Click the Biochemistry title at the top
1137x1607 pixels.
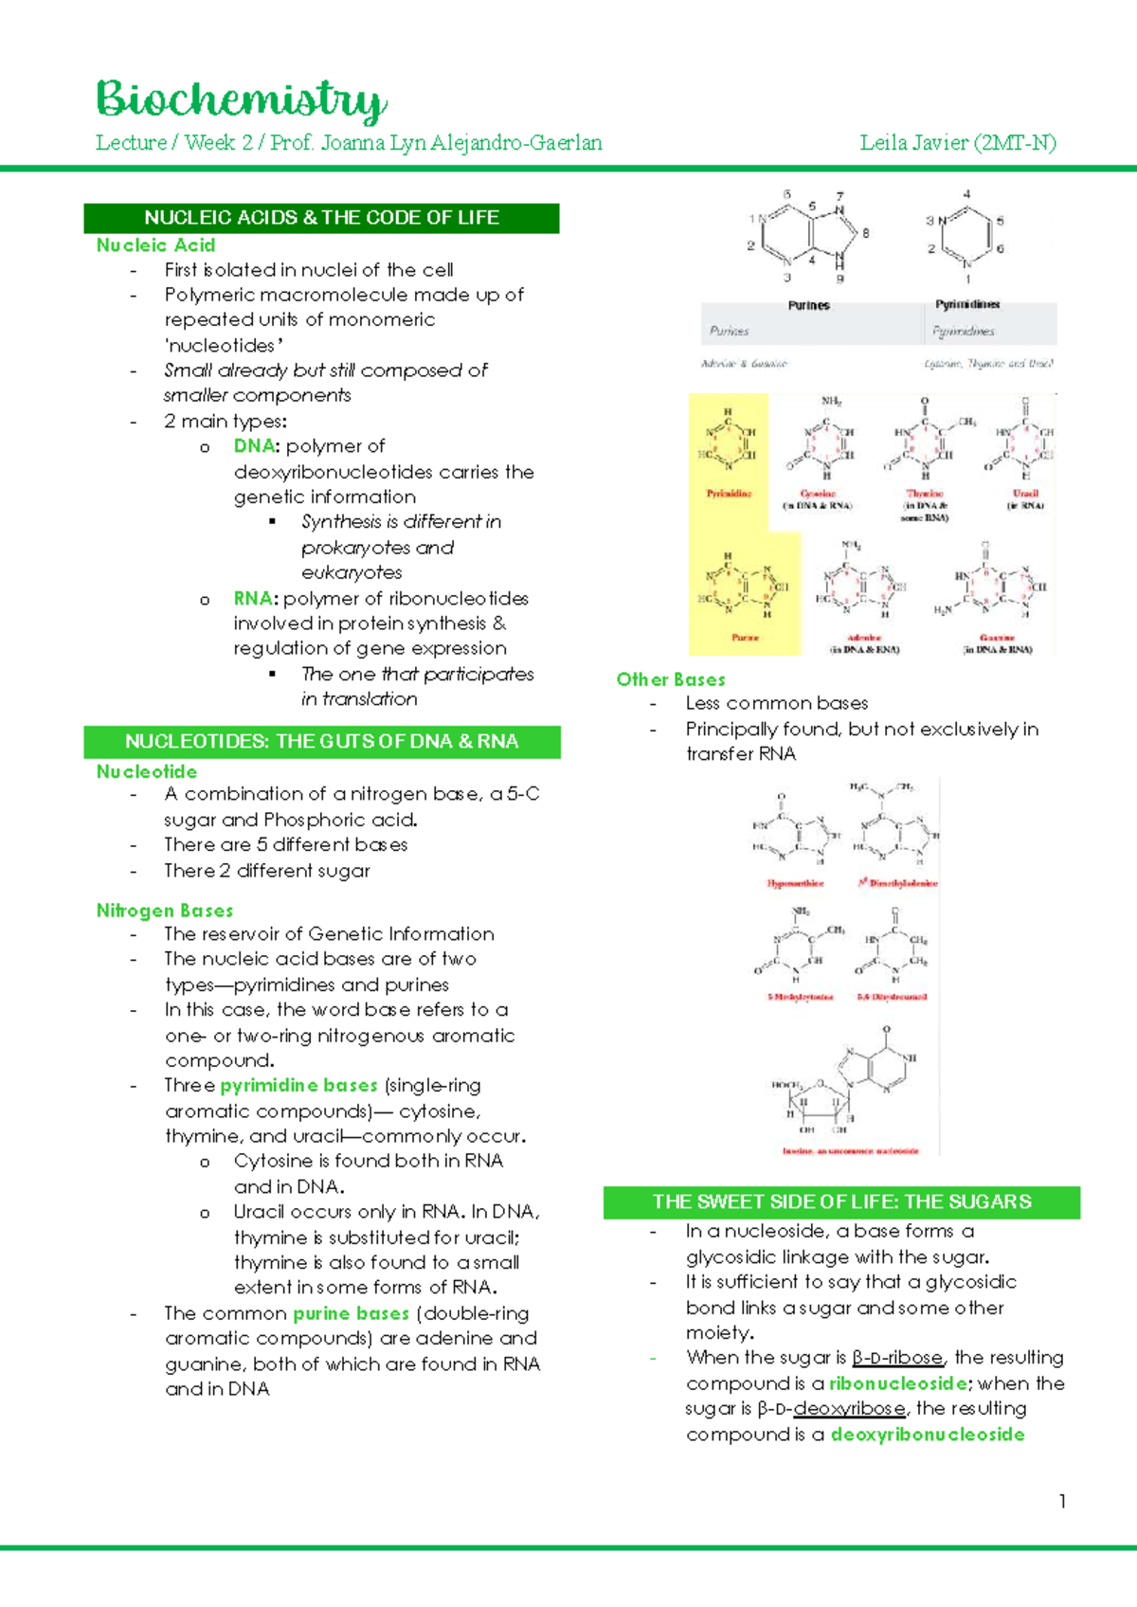point(241,99)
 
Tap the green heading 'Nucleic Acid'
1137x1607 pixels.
point(155,244)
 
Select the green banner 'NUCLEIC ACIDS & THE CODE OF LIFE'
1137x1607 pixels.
point(321,217)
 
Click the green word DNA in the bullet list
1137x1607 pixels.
point(254,445)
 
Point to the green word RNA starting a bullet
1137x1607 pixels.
point(252,598)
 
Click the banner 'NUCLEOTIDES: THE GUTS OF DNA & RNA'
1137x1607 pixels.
point(321,741)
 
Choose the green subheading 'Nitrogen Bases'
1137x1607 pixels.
point(164,911)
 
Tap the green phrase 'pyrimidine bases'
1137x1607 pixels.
point(298,1085)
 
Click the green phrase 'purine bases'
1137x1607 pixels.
point(351,1313)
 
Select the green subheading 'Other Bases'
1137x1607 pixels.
point(671,679)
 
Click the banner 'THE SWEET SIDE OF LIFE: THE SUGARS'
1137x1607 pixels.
point(841,1201)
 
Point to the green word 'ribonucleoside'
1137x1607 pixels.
point(898,1383)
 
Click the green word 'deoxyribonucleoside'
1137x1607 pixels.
point(928,1435)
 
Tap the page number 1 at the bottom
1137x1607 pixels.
point(1062,1501)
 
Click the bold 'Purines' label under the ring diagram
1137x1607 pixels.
point(808,305)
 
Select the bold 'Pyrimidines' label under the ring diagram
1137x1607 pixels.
point(967,304)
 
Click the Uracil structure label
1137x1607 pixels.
point(1025,494)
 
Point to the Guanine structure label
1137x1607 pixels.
point(997,638)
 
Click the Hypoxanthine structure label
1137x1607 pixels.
point(795,883)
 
